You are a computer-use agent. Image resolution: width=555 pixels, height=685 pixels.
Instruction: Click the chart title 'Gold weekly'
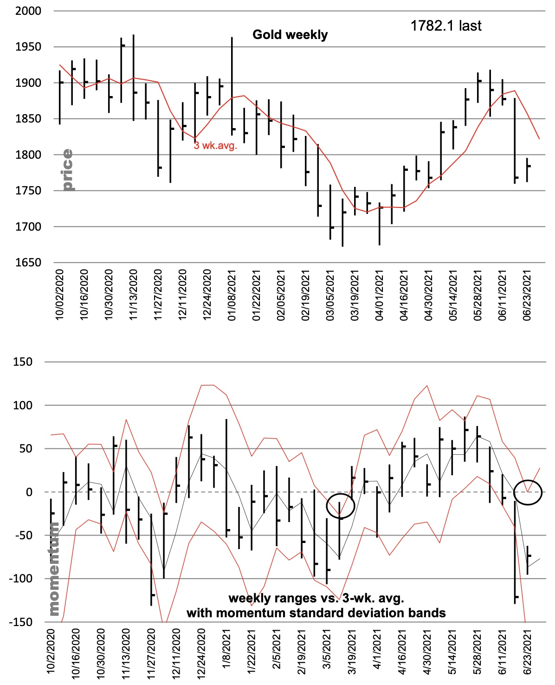click(290, 35)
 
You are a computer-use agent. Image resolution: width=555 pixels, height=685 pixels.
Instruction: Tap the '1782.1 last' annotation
click(445, 26)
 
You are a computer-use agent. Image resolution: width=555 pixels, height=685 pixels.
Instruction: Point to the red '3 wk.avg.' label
click(215, 146)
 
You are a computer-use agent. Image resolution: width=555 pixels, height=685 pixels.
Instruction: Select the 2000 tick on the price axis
click(28, 11)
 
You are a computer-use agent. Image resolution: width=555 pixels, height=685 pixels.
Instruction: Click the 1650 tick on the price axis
click(28, 263)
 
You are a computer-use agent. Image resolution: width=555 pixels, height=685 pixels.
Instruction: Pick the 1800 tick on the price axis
click(28, 155)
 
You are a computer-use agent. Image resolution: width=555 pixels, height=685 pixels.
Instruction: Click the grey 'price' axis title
click(67, 170)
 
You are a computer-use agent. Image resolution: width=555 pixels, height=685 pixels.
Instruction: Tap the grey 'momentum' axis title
click(53, 569)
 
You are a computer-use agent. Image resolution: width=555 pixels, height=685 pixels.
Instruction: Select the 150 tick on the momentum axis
click(23, 362)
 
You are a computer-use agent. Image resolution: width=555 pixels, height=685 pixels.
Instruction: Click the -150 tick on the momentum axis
click(21, 622)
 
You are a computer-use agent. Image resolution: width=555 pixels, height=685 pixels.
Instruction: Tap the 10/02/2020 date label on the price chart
click(59, 295)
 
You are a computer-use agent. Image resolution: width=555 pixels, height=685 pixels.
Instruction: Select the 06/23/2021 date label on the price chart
click(527, 295)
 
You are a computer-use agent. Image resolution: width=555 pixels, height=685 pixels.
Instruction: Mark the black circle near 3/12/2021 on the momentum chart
click(340, 505)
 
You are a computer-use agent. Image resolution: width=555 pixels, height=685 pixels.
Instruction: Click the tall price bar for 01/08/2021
click(232, 86)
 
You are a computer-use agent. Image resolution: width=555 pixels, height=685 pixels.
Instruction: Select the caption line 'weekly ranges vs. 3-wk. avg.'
click(316, 598)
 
